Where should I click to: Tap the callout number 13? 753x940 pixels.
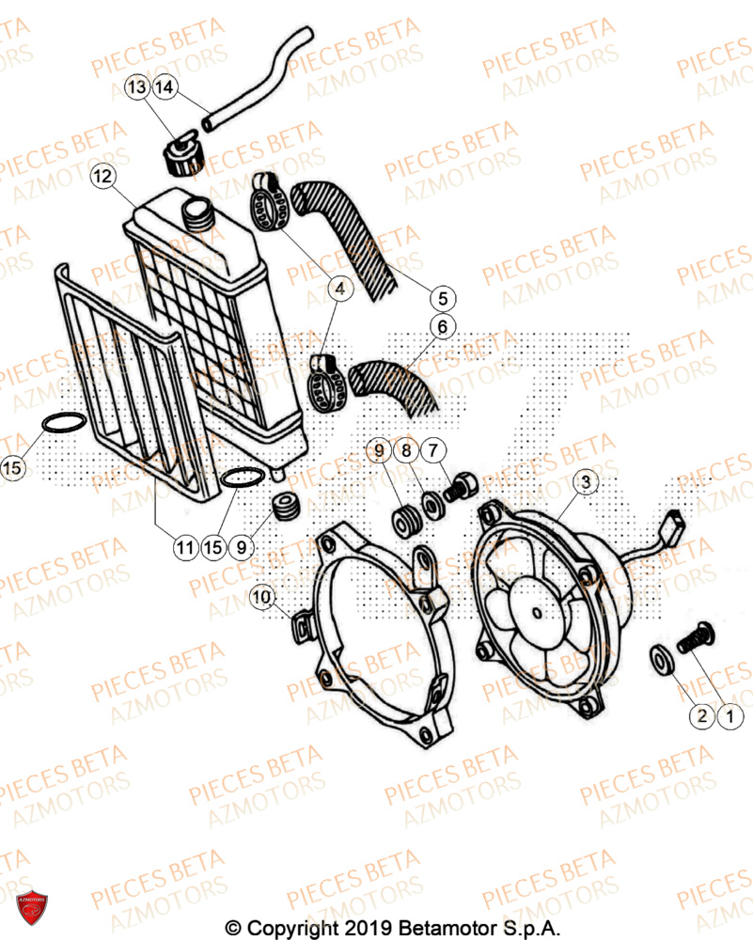tap(138, 87)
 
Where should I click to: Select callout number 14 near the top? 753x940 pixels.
tap(165, 87)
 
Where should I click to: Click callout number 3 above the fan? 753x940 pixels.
tap(585, 483)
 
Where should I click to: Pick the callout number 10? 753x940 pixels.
tap(261, 595)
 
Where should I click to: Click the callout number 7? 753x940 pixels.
tap(434, 452)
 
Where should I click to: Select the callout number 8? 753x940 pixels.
tap(407, 452)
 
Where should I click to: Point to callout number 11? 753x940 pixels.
tap(184, 545)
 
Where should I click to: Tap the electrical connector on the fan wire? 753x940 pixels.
tap(679, 521)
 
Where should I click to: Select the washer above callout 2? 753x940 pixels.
tap(662, 660)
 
